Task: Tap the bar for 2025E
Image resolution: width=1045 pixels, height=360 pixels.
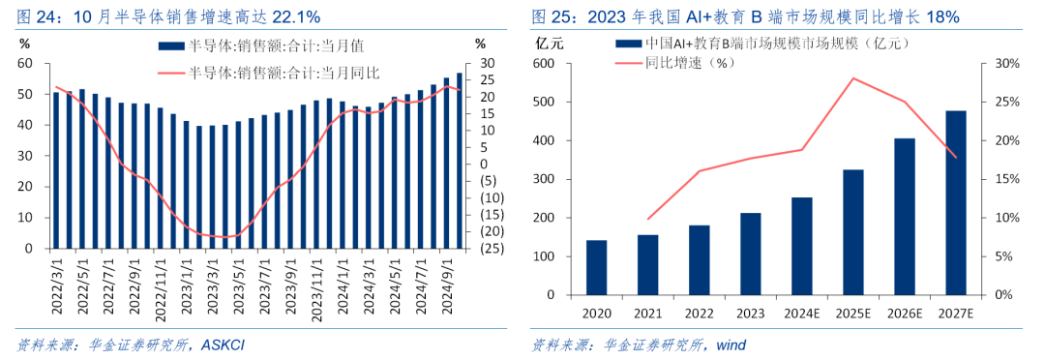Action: pos(853,232)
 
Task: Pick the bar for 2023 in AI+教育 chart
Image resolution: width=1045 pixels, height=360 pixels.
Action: pos(751,254)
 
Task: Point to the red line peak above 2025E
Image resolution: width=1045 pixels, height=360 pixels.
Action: pos(853,78)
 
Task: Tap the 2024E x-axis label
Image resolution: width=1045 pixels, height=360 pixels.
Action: pos(802,313)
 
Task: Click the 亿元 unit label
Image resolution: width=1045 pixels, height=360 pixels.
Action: pos(550,43)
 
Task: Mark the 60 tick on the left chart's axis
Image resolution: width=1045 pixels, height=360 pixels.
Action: pos(27,64)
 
